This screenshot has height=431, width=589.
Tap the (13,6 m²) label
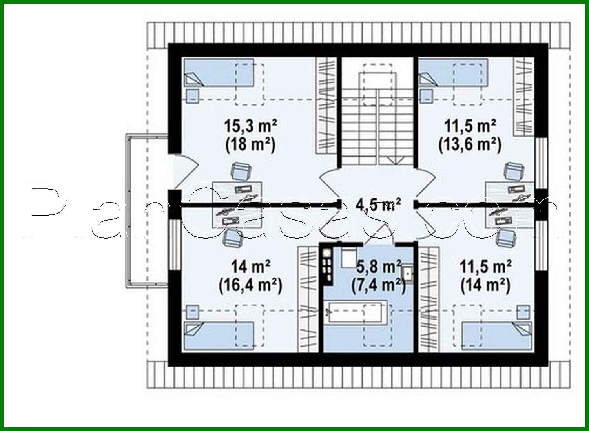pos(470,144)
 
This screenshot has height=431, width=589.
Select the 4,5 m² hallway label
pos(378,205)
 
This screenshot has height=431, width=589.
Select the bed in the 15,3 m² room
pos(219,73)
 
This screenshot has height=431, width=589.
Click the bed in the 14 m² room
pos(219,335)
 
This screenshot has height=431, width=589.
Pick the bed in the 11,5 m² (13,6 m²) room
pos(453,73)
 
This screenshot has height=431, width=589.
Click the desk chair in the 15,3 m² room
pos(241,172)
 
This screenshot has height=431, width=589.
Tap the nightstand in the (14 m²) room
pos(523,312)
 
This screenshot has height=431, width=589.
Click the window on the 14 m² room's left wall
pos(173,244)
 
